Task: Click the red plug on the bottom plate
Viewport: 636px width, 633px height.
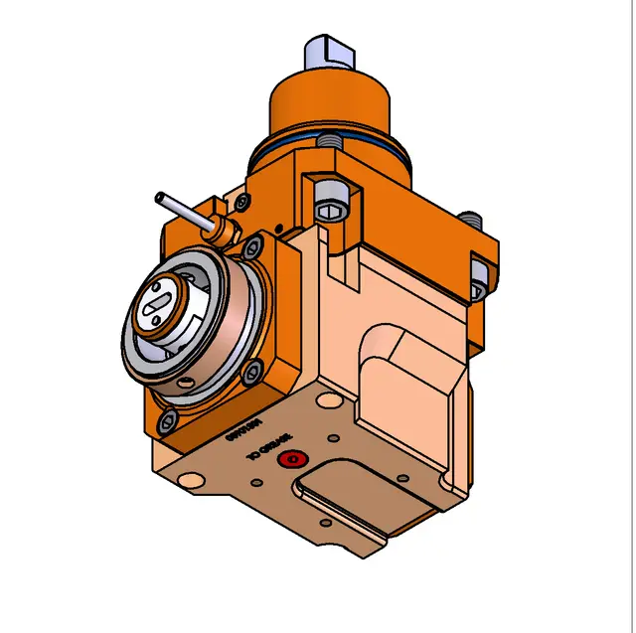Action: (x=291, y=459)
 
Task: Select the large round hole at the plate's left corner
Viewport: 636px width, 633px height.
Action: (x=187, y=481)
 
